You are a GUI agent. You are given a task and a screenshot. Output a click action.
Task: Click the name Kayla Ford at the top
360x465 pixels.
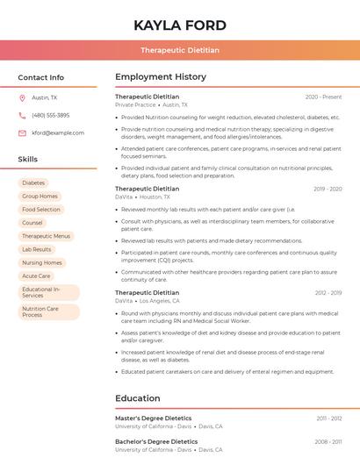[x=180, y=25]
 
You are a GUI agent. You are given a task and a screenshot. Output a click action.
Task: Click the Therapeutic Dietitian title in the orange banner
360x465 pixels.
[x=180, y=51]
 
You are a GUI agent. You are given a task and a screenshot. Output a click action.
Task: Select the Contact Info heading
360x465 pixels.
[x=41, y=77]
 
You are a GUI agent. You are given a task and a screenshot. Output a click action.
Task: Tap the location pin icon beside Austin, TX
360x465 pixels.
[x=22, y=98]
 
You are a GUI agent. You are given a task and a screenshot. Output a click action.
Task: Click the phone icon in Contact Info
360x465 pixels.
[x=22, y=116]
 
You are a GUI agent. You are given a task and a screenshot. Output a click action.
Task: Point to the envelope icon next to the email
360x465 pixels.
[x=22, y=133]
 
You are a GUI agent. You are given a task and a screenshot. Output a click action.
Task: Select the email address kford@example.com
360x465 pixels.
[x=58, y=133]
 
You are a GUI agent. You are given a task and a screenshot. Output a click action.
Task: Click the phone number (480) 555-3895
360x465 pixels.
[x=50, y=116]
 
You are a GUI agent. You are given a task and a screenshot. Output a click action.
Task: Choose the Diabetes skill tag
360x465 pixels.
[x=33, y=183]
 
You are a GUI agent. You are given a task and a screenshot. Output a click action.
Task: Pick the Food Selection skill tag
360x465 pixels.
[x=41, y=210]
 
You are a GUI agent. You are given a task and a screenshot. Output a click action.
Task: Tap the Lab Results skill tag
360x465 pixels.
[x=37, y=249]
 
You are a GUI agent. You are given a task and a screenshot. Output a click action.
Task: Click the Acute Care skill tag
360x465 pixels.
[x=36, y=275]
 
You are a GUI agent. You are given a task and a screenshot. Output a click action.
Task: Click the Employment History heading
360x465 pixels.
[x=161, y=77]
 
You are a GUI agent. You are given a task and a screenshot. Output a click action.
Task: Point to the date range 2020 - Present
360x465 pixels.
[x=323, y=97]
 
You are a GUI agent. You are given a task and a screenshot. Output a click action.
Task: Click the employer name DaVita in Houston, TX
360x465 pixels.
[x=124, y=197]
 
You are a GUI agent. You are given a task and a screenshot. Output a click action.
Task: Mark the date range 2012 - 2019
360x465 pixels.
[x=328, y=293]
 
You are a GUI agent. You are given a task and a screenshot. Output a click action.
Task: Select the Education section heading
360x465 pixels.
[x=138, y=398]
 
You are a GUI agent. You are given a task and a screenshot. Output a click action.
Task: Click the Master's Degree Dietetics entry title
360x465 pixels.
[x=153, y=418]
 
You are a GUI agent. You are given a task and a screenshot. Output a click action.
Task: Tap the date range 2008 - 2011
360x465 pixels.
[x=328, y=442]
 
